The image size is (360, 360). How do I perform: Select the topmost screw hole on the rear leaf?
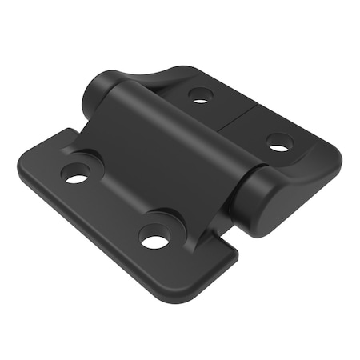tap(200, 96)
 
